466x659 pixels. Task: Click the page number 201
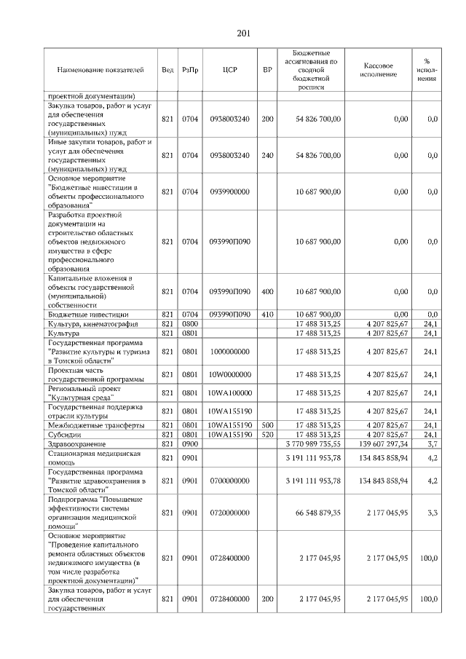[243, 33]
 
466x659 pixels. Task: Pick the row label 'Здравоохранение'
[76, 443]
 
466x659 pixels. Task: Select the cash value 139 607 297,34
[378, 443]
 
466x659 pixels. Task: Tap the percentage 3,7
[433, 443]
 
